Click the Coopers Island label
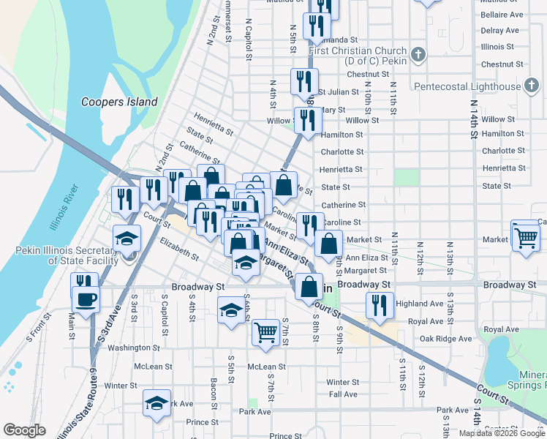click(119, 102)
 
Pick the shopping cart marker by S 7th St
click(265, 333)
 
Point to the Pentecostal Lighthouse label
click(467, 86)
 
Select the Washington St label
click(133, 348)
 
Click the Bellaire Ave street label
click(502, 15)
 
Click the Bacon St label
click(214, 393)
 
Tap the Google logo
click(25, 430)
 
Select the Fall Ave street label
click(343, 394)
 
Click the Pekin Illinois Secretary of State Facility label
click(66, 255)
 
